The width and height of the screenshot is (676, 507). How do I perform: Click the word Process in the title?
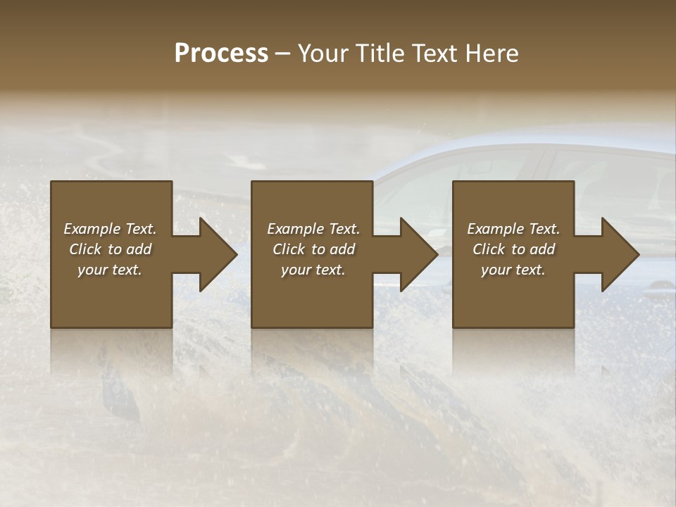tap(221, 54)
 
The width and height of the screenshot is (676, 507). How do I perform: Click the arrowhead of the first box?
tap(218, 254)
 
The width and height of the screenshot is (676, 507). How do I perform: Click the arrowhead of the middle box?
tap(419, 254)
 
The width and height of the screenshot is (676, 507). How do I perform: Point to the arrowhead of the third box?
tap(620, 254)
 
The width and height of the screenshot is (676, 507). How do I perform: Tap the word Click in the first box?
tap(85, 249)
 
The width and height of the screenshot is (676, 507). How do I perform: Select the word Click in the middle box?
tap(289, 249)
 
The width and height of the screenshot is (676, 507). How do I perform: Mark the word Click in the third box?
tap(489, 249)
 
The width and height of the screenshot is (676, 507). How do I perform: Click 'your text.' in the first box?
tap(110, 270)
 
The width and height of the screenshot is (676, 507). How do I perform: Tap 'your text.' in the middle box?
tap(313, 270)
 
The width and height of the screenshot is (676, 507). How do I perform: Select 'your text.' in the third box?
tap(513, 270)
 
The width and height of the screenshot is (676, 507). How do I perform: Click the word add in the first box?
tap(139, 249)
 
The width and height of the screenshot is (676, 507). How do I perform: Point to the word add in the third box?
tap(542, 249)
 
